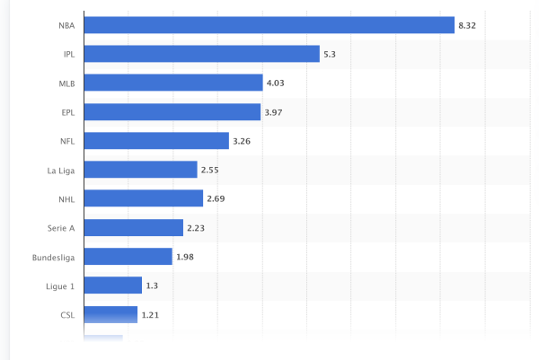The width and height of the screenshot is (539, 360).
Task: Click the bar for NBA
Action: tap(269, 25)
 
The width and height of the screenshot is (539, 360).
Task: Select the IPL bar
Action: tap(202, 54)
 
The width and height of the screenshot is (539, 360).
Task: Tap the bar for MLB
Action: tap(173, 83)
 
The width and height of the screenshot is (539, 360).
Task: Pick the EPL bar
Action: tap(172, 111)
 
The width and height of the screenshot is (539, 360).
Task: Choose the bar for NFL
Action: tap(156, 141)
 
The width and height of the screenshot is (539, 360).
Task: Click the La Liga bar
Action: tap(141, 170)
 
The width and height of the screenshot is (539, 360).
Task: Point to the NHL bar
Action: tap(144, 198)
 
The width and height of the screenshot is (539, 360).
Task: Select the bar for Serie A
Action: tap(134, 227)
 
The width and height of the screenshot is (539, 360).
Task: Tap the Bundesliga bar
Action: tap(128, 257)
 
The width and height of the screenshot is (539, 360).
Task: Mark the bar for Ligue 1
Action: tap(113, 285)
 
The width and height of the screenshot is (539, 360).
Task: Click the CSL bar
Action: tap(110, 314)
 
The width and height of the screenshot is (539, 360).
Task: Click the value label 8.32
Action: tap(467, 25)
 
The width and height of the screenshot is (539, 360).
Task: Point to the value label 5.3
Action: tap(330, 54)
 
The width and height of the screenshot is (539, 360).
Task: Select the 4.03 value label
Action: tap(276, 83)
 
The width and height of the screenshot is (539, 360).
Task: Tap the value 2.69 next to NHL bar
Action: tap(216, 198)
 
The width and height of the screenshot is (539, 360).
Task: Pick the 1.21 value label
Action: tap(151, 314)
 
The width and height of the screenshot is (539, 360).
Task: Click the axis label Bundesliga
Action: tap(52, 257)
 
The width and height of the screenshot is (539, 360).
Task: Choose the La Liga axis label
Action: tap(60, 170)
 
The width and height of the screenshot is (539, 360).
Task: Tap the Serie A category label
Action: tap(61, 227)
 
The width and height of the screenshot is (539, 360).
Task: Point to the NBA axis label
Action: tap(66, 25)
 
